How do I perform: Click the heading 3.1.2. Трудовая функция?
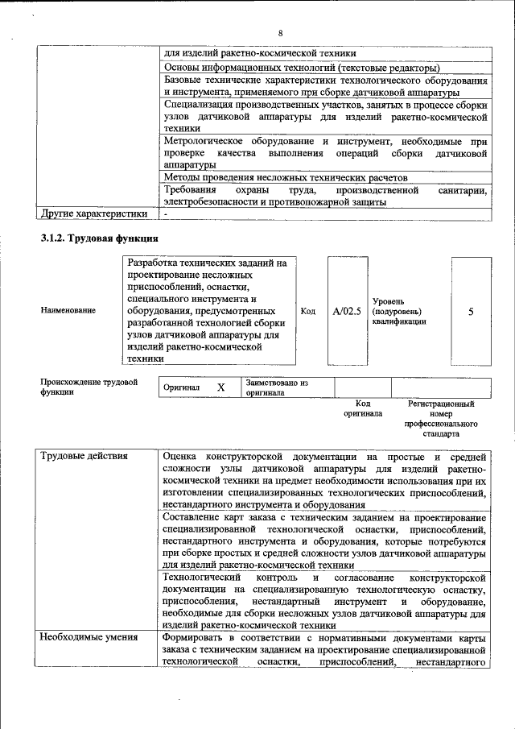[100, 238]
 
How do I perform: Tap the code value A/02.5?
[347, 311]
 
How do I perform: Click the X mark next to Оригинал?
[220, 387]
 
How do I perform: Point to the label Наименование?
[68, 311]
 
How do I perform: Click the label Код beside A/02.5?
[307, 311]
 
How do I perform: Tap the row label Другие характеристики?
[93, 214]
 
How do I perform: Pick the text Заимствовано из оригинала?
[278, 387]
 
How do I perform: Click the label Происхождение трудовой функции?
[89, 387]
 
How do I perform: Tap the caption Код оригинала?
[362, 408]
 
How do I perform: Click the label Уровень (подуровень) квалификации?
[399, 311]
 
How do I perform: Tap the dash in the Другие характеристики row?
[165, 215]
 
